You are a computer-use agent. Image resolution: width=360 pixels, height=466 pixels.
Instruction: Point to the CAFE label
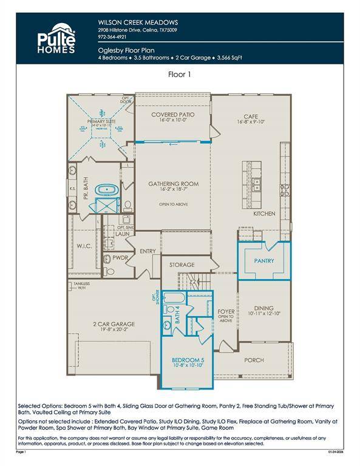[x=251, y=116]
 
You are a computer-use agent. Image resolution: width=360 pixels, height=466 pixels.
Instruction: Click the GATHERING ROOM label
[x=174, y=184]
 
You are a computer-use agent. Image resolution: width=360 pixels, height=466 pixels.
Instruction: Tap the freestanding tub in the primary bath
[x=109, y=190]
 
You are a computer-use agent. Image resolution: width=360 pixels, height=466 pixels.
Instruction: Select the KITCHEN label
[x=264, y=214]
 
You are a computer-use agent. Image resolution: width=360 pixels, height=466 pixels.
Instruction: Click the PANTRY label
[x=264, y=262]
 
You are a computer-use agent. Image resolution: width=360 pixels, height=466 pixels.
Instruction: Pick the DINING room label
[x=264, y=308]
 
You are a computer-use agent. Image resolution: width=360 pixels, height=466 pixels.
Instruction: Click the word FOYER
[x=226, y=312]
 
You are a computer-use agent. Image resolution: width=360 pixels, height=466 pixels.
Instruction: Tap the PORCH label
[x=254, y=360]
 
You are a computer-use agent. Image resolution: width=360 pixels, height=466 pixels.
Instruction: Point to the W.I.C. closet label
[x=84, y=246]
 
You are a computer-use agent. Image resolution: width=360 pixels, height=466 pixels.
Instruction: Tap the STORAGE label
[x=182, y=265]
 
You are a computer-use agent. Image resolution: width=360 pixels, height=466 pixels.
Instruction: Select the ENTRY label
[x=148, y=251]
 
